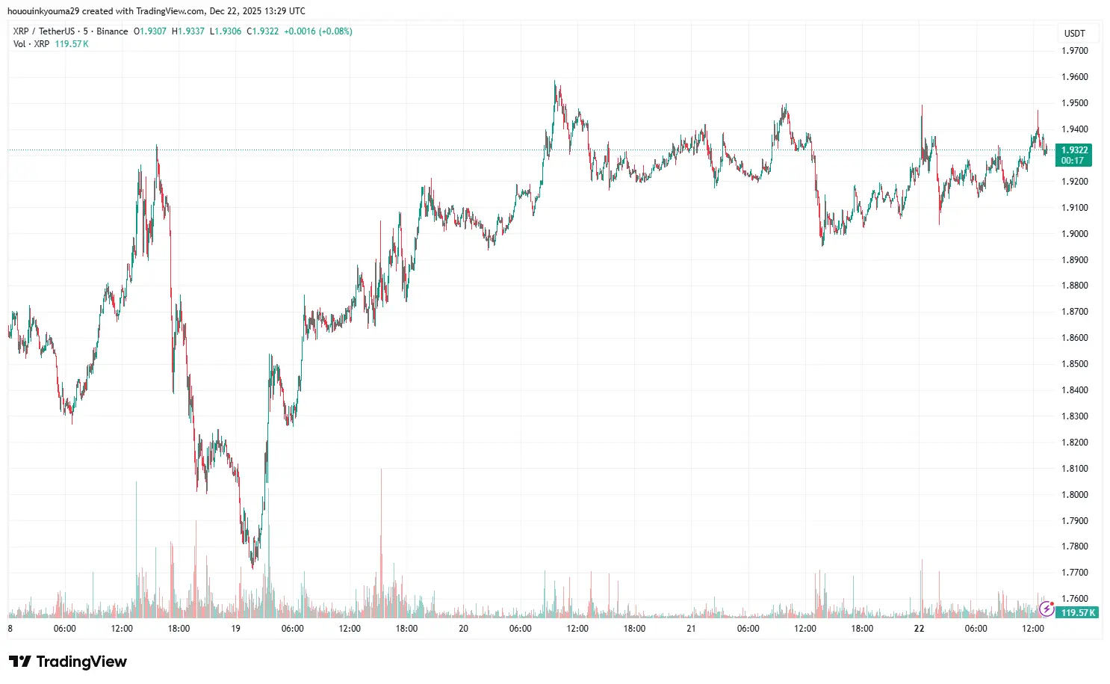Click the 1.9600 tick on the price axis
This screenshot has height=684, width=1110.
[x=1074, y=77]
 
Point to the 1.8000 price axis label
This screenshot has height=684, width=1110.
[x=1074, y=495]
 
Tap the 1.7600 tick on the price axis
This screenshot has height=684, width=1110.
[x=1074, y=599]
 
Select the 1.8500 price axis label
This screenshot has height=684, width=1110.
[x=1074, y=364]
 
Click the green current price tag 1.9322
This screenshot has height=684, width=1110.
[x=1074, y=150]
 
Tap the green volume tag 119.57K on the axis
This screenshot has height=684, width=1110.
[x=1078, y=613]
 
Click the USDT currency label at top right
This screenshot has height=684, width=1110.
[x=1074, y=34]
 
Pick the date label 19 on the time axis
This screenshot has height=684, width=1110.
[x=235, y=629]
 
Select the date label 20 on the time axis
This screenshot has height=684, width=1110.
[x=463, y=629]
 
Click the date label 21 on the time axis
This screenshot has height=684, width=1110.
[x=691, y=629]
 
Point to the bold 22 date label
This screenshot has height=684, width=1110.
[x=919, y=629]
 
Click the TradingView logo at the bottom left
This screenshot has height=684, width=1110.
[x=68, y=662]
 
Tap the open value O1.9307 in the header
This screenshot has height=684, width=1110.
[x=150, y=31]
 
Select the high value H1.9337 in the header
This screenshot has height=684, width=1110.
[x=188, y=31]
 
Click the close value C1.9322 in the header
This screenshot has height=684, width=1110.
[x=263, y=31]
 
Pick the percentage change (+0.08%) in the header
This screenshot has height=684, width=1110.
[x=335, y=31]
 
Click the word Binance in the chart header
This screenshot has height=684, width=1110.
[x=112, y=31]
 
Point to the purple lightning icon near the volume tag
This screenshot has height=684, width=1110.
[x=1047, y=609]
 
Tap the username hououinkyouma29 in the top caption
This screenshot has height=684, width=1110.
[x=43, y=11]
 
